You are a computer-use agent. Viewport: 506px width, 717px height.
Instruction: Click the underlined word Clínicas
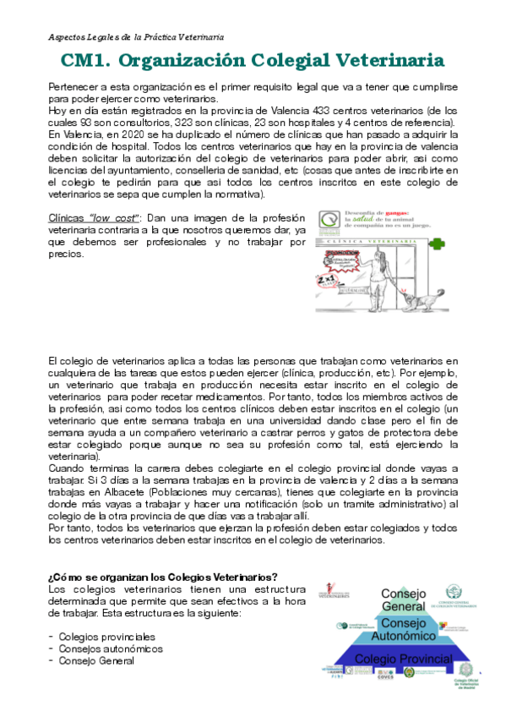tap(72, 218)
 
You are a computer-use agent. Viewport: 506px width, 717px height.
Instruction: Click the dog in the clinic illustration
tap(419, 300)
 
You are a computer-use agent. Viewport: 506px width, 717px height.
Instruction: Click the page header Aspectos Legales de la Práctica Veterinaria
tap(135, 37)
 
